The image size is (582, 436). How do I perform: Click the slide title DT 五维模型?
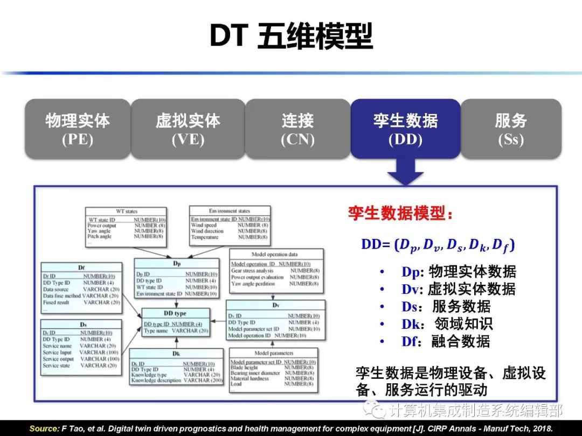[x=291, y=37]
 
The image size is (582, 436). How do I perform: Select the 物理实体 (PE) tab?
[x=78, y=129]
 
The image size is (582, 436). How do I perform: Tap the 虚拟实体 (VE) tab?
[x=188, y=129]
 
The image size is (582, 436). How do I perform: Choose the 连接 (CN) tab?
[x=297, y=129]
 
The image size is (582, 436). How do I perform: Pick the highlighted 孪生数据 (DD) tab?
[x=405, y=129]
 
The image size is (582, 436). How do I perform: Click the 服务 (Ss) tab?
[x=511, y=129]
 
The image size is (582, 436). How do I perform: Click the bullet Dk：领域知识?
[x=447, y=324]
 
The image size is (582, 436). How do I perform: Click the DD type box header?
[x=175, y=313]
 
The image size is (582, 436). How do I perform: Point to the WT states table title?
[x=127, y=212]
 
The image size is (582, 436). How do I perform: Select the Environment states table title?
[x=230, y=210]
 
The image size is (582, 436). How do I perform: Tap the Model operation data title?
[x=274, y=254]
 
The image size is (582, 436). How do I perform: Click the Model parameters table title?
[x=273, y=353]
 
